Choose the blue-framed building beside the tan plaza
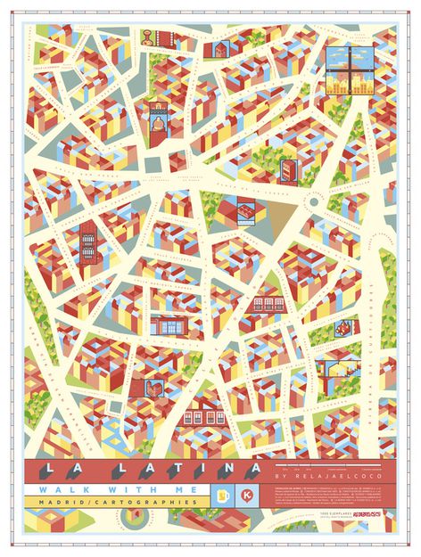click(x=244, y=212)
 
